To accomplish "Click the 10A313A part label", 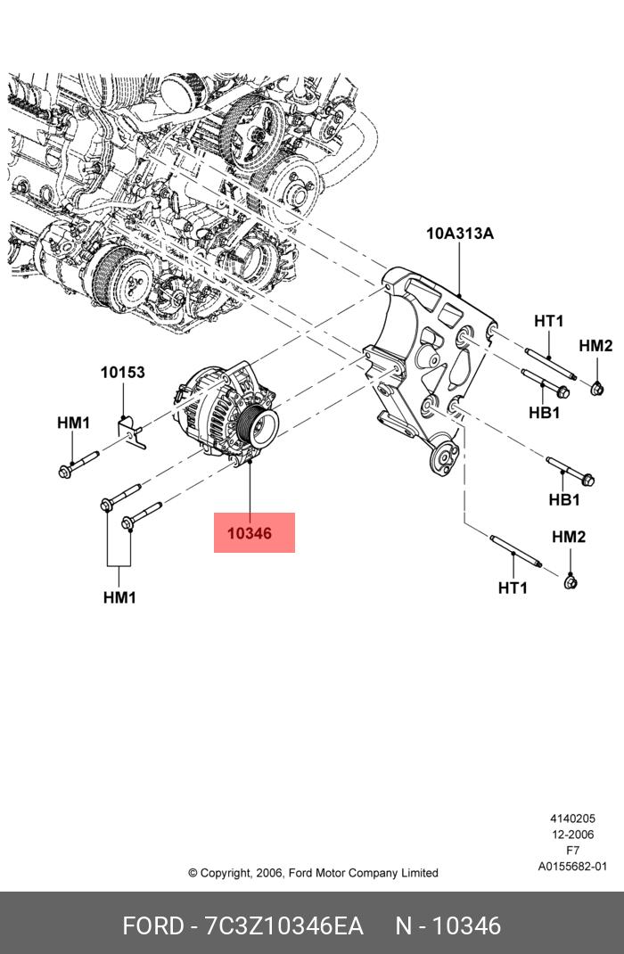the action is (460, 233).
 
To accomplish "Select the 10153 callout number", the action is (123, 372).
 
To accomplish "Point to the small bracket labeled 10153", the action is (131, 432).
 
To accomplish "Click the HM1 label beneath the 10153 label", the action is (74, 423).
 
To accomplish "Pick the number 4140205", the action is (572, 819).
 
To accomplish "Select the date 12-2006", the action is (572, 835).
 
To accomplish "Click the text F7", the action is (572, 851).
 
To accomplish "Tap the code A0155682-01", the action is (572, 867).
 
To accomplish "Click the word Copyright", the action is (225, 873).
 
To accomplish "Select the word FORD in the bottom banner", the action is (152, 926).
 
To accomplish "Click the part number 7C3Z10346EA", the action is (284, 926).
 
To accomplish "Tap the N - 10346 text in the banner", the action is (448, 926).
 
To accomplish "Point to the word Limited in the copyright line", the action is (419, 873).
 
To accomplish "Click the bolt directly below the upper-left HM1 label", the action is (78, 464).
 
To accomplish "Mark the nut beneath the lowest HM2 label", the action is (570, 581).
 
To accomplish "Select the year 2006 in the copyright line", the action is (269, 873).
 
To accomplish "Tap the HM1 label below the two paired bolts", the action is (119, 597).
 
